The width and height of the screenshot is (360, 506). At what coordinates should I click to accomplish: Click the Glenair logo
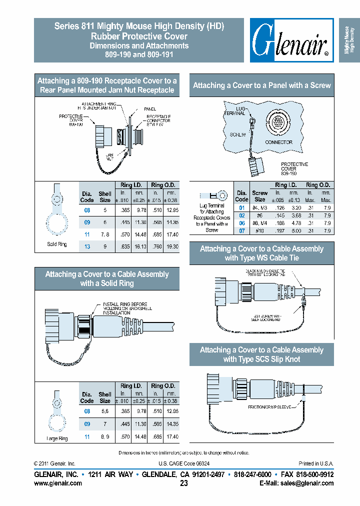(x=291, y=40)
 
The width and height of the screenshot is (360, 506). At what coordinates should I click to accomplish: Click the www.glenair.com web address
(x=57, y=483)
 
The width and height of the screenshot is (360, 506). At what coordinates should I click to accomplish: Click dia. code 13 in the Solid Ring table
(x=87, y=246)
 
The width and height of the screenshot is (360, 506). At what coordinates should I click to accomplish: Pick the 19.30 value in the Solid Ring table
(x=171, y=246)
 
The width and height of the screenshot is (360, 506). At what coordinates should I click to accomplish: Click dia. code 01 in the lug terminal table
(x=241, y=207)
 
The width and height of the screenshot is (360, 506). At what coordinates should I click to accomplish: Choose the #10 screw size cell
(x=259, y=230)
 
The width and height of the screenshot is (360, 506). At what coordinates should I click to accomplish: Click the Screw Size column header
(x=259, y=195)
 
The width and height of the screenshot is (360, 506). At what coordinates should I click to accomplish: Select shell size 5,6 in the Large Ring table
(x=105, y=411)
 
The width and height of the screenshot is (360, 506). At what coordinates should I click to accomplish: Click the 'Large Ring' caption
(x=56, y=438)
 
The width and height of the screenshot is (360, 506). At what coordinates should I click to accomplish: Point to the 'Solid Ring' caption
(x=56, y=244)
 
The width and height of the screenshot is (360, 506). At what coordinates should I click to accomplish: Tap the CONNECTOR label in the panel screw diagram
(x=278, y=142)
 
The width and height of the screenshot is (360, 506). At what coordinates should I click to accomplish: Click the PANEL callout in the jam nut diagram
(x=150, y=108)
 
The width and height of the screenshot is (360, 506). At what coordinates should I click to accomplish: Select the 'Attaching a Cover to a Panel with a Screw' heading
(x=261, y=85)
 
